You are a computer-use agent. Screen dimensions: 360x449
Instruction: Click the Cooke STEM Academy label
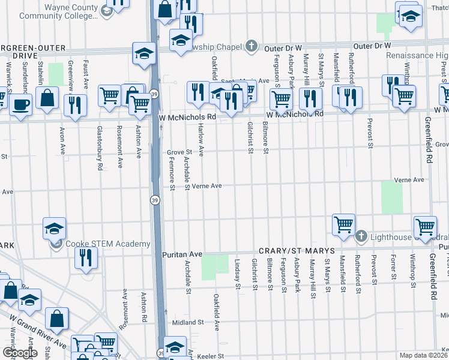(108, 244)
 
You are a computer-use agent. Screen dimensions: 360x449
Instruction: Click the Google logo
(20, 353)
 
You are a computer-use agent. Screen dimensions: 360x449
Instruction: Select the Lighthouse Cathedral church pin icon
(361, 236)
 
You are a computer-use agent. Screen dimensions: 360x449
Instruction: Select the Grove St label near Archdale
(178, 152)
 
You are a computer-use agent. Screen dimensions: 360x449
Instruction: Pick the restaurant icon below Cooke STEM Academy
(86, 258)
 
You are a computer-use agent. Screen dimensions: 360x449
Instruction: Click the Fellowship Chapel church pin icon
(252, 46)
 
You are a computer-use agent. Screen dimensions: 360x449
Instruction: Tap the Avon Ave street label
(62, 138)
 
